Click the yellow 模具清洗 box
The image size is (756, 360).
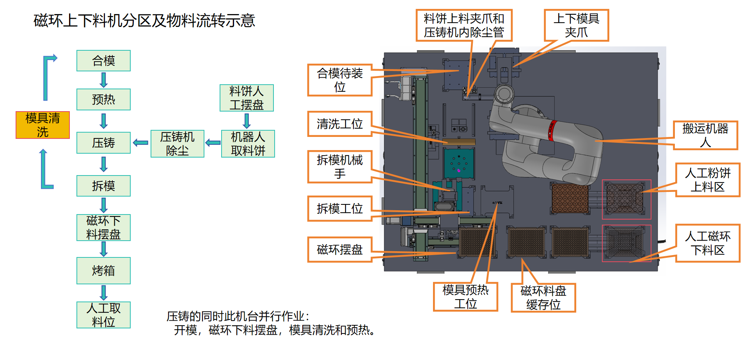[x=43, y=125]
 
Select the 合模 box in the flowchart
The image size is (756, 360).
[x=103, y=60]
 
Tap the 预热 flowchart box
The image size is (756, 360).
[x=103, y=99]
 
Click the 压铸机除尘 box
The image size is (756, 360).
[x=177, y=144]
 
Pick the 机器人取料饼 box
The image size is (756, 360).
[x=248, y=144]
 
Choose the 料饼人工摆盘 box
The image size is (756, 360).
[x=247, y=98]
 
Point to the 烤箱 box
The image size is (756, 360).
[x=103, y=270]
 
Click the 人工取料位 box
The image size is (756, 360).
[x=103, y=315]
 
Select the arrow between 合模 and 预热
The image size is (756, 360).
[x=103, y=80]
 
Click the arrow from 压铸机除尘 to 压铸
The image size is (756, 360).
[x=140, y=143]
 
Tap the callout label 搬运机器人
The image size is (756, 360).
[x=705, y=135]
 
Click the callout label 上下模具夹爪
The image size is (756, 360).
[x=576, y=25]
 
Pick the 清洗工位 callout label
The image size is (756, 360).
[x=340, y=124]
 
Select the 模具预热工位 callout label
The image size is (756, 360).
[x=465, y=297]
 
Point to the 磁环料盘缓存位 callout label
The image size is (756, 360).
[x=543, y=298]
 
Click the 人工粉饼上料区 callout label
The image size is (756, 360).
[x=708, y=180]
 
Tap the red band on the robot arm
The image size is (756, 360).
[x=552, y=130]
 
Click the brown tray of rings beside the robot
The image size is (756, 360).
[x=570, y=199]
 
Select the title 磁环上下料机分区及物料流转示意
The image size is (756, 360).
[x=144, y=20]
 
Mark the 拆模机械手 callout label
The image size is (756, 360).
[x=340, y=167]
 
